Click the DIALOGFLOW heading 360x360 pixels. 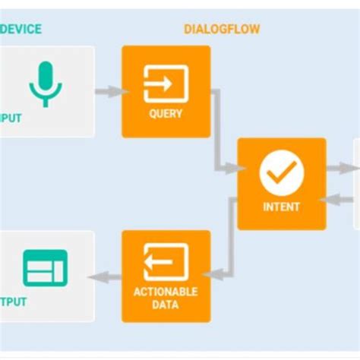point(222,29)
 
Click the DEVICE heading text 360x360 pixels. point(21,29)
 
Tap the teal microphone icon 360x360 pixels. point(46,83)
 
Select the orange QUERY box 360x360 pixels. point(166,91)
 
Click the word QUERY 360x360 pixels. point(166,115)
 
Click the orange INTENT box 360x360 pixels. point(282,184)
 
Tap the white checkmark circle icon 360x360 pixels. point(282,174)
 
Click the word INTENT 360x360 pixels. point(282,207)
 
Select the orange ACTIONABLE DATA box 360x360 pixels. point(166,276)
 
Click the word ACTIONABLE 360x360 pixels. point(166,292)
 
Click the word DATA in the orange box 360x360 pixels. point(166,305)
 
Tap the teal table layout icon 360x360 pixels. point(46,267)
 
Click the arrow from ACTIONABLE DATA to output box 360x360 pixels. point(106,277)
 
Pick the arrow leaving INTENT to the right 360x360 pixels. point(339,168)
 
